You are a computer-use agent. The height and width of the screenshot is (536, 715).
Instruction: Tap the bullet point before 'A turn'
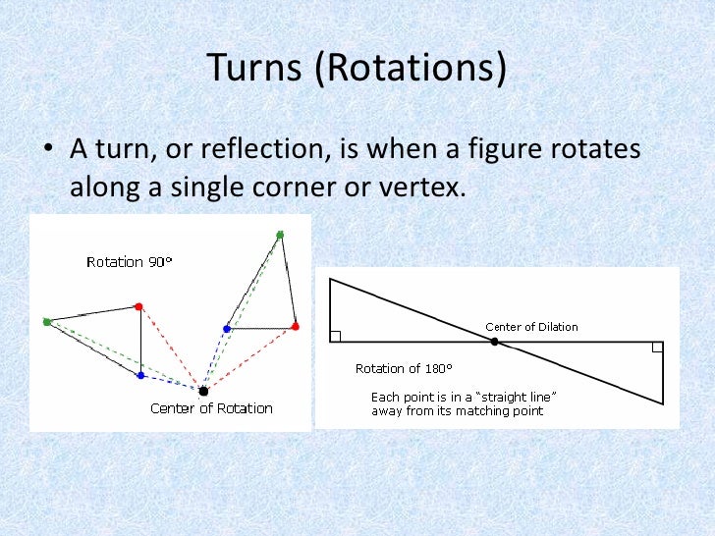coord(48,153)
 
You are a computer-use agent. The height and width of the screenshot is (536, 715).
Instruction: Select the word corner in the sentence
coord(294,187)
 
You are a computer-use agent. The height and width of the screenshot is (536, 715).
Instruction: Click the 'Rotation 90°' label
coord(129,262)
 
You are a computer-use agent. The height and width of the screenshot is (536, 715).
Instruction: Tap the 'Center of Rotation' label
coord(211,408)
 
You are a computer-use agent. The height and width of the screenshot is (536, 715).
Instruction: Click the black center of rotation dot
coord(203,391)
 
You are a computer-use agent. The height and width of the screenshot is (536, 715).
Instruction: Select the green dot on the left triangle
coord(47,321)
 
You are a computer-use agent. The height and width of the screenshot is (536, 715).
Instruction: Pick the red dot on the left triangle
coord(139,306)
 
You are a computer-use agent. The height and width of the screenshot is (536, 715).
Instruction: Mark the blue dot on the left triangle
coord(140,375)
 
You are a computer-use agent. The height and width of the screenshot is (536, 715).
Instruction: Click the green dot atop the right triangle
coord(280,235)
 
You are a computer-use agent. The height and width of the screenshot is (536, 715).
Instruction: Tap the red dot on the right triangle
coord(295,326)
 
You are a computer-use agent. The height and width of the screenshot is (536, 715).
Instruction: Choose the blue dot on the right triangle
coord(227,329)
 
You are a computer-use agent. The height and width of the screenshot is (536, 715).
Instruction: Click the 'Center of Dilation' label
coord(531,327)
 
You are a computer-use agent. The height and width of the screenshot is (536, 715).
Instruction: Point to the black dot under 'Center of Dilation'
coord(495,342)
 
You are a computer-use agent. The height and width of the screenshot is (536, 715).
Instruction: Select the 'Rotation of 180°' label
coord(404,369)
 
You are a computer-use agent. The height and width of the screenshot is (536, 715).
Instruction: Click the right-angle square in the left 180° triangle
coord(335,336)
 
